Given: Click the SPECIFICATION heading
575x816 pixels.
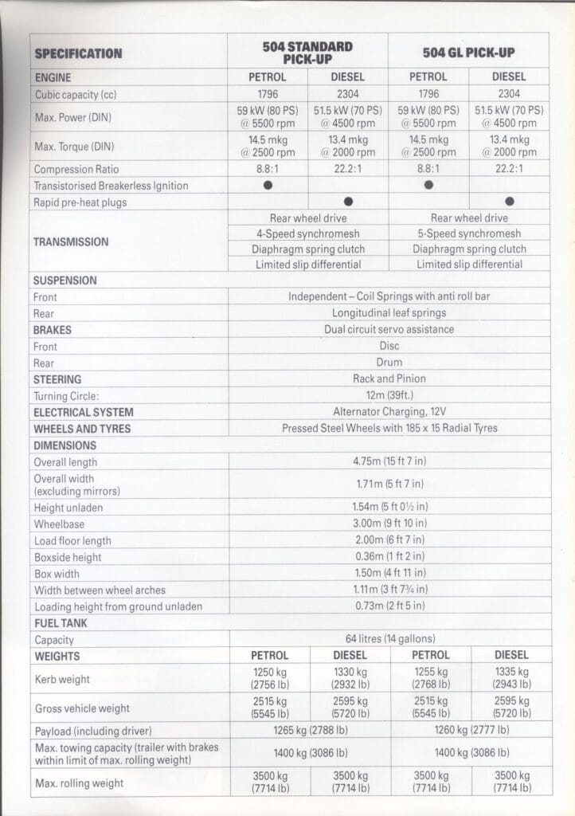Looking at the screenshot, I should [78, 53].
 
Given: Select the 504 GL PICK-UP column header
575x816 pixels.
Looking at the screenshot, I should [468, 53].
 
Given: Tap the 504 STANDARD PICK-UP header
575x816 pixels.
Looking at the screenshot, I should [307, 53].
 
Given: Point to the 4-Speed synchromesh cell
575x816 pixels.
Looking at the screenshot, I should [307, 233].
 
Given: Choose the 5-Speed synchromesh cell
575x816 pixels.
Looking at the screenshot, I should [468, 233].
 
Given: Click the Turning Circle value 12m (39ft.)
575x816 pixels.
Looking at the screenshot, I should [389, 395].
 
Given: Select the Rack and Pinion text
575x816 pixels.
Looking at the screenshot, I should [389, 379].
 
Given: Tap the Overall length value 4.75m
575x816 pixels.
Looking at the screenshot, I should [389, 461].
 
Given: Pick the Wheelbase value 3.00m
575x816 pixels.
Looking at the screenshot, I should [389, 524].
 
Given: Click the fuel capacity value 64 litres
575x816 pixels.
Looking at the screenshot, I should [389, 639].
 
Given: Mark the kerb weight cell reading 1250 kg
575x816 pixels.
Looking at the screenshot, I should [269, 678].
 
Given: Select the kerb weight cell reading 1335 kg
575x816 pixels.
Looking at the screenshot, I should [510, 678].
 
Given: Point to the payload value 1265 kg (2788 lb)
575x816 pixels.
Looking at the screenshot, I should [309, 729].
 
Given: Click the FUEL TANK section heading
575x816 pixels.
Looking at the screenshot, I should [61, 622].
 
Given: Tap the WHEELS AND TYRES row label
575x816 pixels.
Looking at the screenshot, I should [83, 429].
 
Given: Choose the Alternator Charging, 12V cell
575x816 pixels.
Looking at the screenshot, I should [389, 412].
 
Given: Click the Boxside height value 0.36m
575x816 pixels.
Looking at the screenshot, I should [389, 556].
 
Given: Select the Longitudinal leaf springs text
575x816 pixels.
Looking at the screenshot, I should [389, 313].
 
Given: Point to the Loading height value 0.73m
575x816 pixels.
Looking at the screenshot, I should [389, 606].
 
